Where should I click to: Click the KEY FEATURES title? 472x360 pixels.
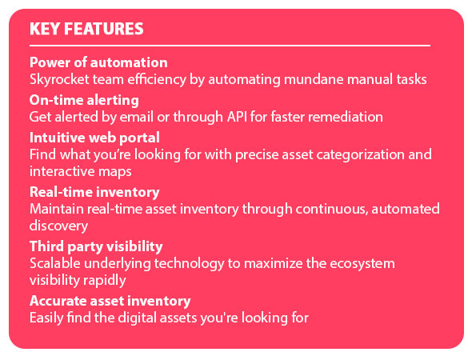(x=86, y=29)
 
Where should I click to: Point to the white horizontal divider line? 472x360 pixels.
(x=230, y=46)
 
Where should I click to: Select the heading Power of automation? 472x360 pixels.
(x=98, y=62)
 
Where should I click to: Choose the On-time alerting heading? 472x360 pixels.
(x=84, y=101)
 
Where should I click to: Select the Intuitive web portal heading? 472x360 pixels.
(x=94, y=138)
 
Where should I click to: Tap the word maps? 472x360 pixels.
(x=115, y=172)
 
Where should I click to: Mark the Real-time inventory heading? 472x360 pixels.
(x=94, y=192)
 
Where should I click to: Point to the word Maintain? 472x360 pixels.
(x=56, y=209)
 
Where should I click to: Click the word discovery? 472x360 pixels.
(x=58, y=226)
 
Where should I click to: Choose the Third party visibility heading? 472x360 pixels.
(x=96, y=246)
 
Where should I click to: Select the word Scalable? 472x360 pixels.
(x=55, y=263)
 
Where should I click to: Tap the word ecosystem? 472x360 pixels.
(x=362, y=264)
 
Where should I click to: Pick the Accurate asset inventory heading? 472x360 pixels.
(x=110, y=301)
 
